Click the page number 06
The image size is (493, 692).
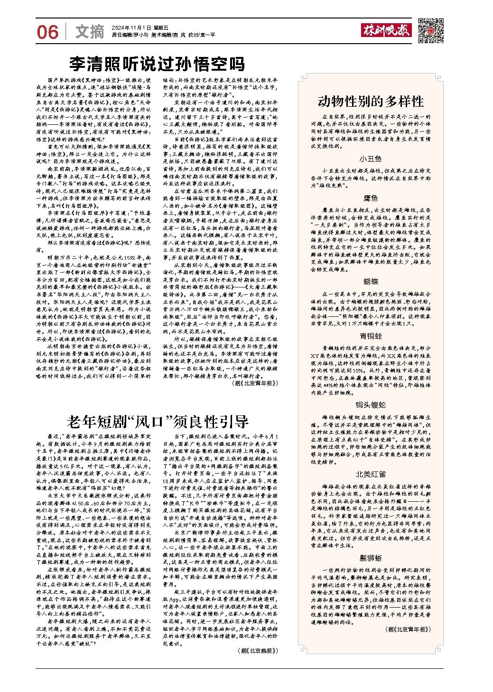[x=47, y=32]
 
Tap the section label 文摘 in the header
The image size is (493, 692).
[x=90, y=32]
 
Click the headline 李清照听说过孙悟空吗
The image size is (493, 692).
[x=157, y=63]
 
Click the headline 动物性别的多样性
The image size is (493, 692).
[x=370, y=101]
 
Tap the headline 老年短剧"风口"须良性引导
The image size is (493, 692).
[x=157, y=421]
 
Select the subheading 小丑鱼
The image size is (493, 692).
[x=371, y=158]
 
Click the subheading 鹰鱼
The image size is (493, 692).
[x=371, y=198]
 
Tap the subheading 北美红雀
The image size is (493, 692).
[x=371, y=474]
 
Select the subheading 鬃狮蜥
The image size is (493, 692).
[x=371, y=558]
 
